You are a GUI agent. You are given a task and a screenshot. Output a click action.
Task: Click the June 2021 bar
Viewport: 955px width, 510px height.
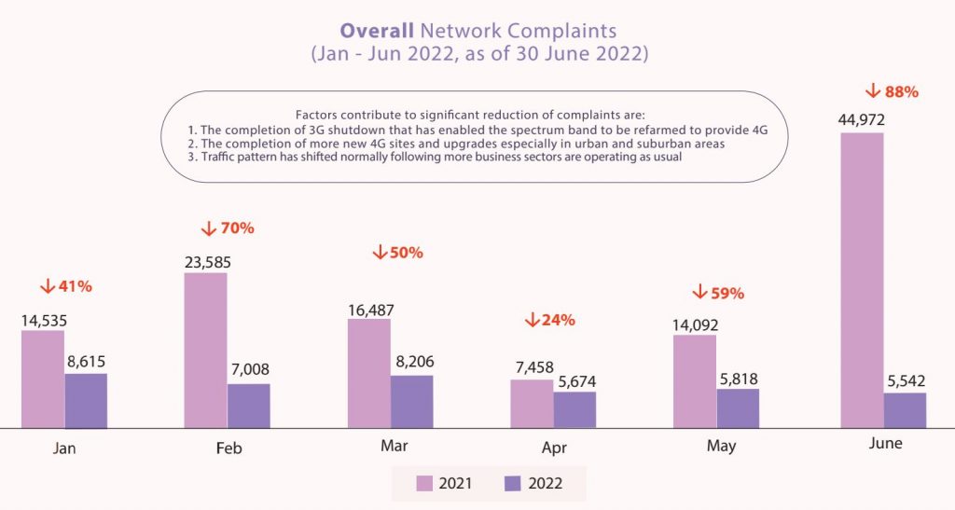[x=862, y=280]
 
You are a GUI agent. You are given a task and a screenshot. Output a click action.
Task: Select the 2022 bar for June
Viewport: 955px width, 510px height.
[x=905, y=410]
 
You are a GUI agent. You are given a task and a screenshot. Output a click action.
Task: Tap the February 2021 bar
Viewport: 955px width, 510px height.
[x=206, y=350]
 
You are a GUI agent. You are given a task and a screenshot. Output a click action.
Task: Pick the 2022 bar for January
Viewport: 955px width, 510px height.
[x=86, y=401]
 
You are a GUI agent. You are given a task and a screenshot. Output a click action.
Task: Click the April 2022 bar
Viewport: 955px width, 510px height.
[x=574, y=409]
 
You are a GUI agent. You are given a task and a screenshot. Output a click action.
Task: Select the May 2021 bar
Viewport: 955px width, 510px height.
[x=695, y=381]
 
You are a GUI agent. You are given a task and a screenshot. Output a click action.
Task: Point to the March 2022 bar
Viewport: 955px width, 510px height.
[x=411, y=402]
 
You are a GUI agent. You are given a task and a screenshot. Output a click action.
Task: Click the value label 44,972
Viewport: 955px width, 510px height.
[x=861, y=119]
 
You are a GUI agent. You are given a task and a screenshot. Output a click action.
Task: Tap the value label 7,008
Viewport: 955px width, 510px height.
[x=248, y=370]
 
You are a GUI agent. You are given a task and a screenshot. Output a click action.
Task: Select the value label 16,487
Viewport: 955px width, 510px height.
[x=369, y=306]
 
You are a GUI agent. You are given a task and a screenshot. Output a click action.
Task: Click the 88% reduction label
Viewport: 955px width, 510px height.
[x=893, y=91]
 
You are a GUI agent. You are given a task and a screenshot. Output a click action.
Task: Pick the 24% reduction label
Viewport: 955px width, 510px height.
[x=550, y=320]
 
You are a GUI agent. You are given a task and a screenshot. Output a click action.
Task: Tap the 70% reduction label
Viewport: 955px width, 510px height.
[x=228, y=228]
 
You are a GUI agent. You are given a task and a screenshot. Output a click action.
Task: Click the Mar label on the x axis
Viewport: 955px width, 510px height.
[x=394, y=447]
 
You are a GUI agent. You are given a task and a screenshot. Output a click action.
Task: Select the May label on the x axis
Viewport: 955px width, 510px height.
[x=721, y=447]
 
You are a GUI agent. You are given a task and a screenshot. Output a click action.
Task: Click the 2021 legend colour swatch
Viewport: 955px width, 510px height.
[x=425, y=483]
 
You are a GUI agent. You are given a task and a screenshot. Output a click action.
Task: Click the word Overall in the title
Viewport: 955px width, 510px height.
[x=377, y=30]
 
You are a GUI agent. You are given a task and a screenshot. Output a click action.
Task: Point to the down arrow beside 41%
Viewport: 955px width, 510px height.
[x=46, y=286]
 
